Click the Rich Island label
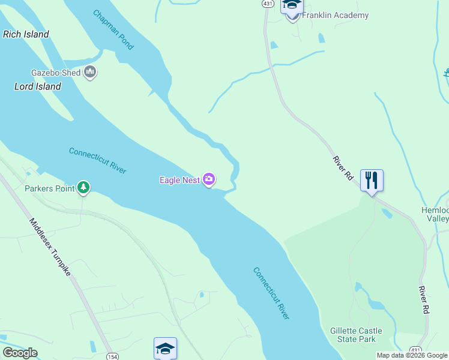[x=26, y=34]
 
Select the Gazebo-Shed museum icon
[x=91, y=73]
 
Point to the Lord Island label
[x=37, y=86]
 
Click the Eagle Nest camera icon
[x=209, y=179]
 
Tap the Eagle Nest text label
[x=179, y=179]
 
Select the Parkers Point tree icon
[x=83, y=188]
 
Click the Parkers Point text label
[x=49, y=188]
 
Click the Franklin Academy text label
[x=335, y=15]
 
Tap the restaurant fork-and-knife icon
[x=372, y=179]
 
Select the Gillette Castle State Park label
[x=356, y=335]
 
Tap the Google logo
[x=20, y=353]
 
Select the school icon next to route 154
[x=165, y=347]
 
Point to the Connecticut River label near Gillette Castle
[x=271, y=293]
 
